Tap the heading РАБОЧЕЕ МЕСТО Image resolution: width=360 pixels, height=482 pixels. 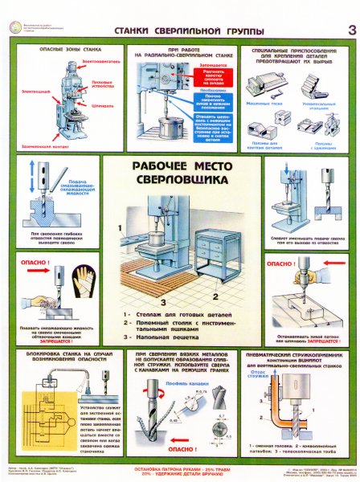[181, 168]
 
